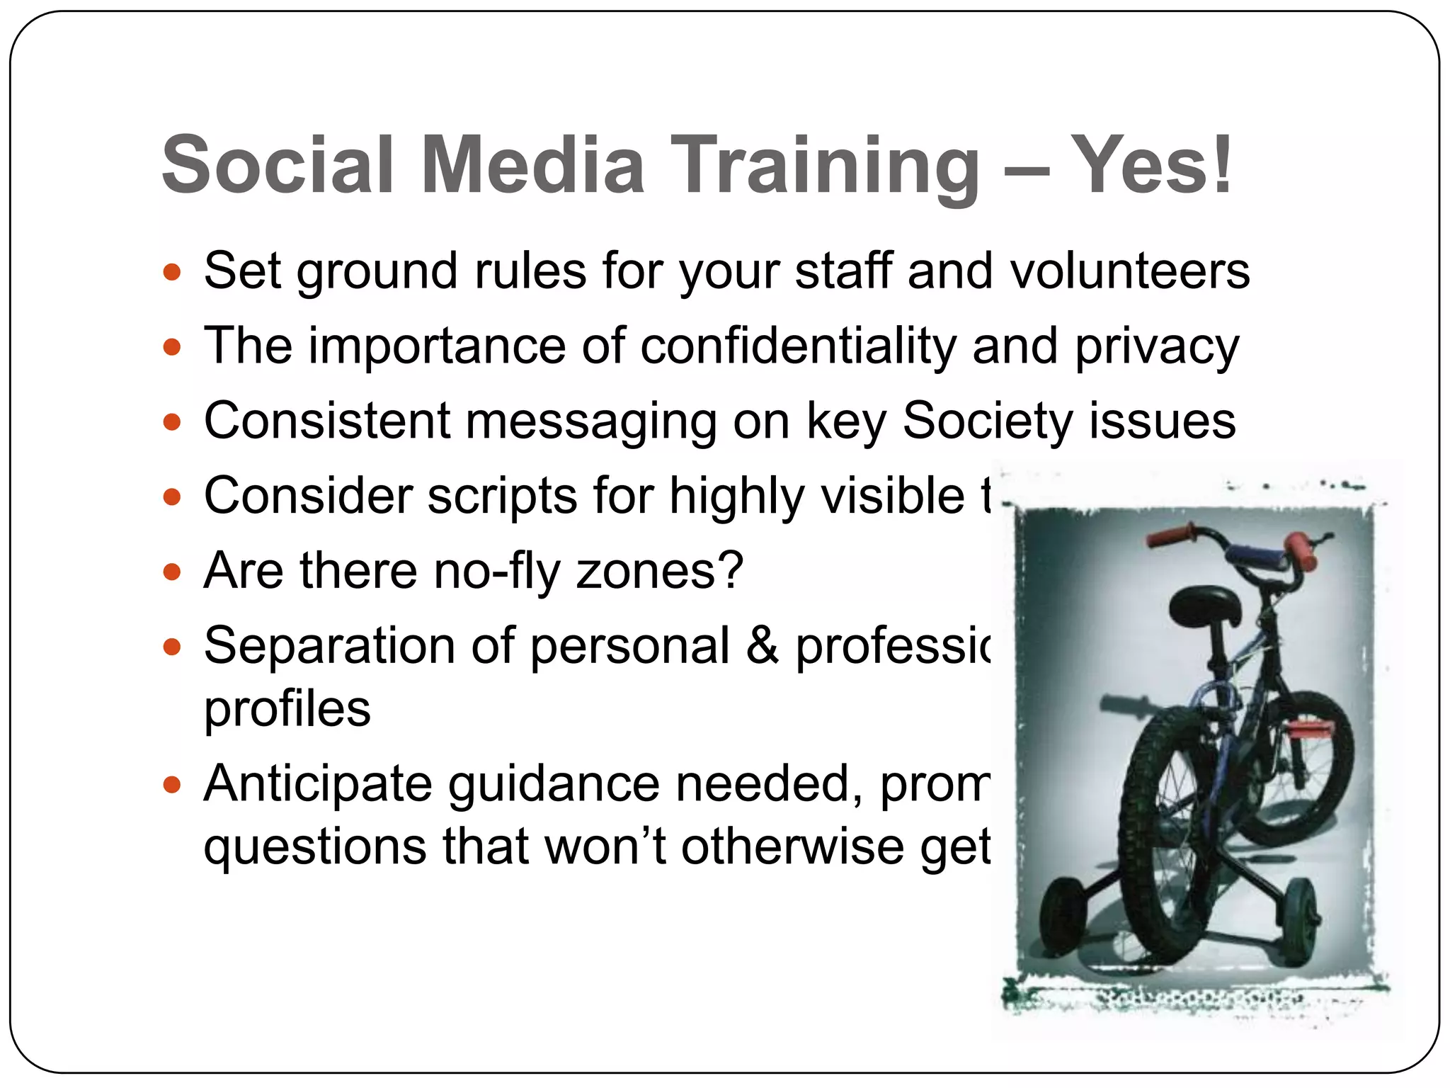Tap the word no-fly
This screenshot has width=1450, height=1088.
[x=496, y=572]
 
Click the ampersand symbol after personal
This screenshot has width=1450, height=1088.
[x=762, y=646]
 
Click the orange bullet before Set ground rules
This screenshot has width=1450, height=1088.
[x=172, y=273]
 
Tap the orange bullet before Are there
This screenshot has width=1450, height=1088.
[x=172, y=571]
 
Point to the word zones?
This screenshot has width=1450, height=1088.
[x=659, y=572]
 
